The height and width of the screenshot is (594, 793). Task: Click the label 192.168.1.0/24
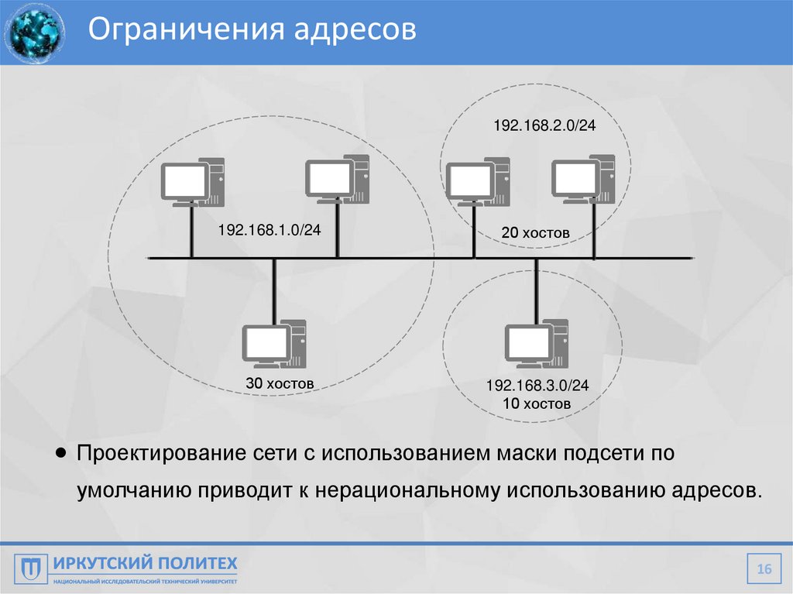click(x=269, y=230)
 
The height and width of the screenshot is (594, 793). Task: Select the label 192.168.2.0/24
click(x=544, y=125)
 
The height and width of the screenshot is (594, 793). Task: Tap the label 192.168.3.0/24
click(x=537, y=386)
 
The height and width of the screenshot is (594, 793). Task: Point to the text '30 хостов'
click(x=280, y=383)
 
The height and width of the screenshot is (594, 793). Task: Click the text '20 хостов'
click(x=535, y=232)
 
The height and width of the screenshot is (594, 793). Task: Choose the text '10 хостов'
click(x=537, y=403)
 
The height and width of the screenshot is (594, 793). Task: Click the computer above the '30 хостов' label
click(x=274, y=343)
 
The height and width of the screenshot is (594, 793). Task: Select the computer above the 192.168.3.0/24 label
click(x=536, y=342)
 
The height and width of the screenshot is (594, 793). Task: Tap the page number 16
click(x=764, y=570)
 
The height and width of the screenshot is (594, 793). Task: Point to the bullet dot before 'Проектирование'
click(x=61, y=452)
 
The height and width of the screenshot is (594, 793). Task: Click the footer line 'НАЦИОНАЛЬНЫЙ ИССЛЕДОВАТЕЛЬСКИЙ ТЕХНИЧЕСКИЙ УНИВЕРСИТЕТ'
click(x=145, y=580)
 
